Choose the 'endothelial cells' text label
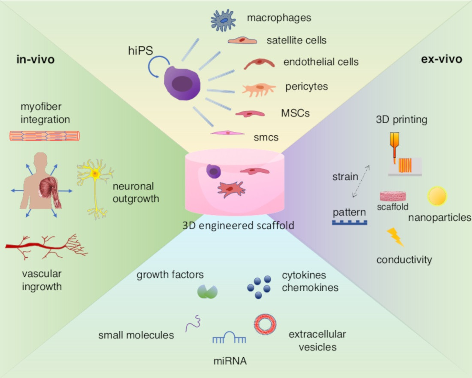point(321,62)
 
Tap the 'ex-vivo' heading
point(442,59)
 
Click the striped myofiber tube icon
point(45,136)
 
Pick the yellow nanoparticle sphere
point(438,196)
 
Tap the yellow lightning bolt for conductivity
point(395,237)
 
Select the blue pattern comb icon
point(350,223)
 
